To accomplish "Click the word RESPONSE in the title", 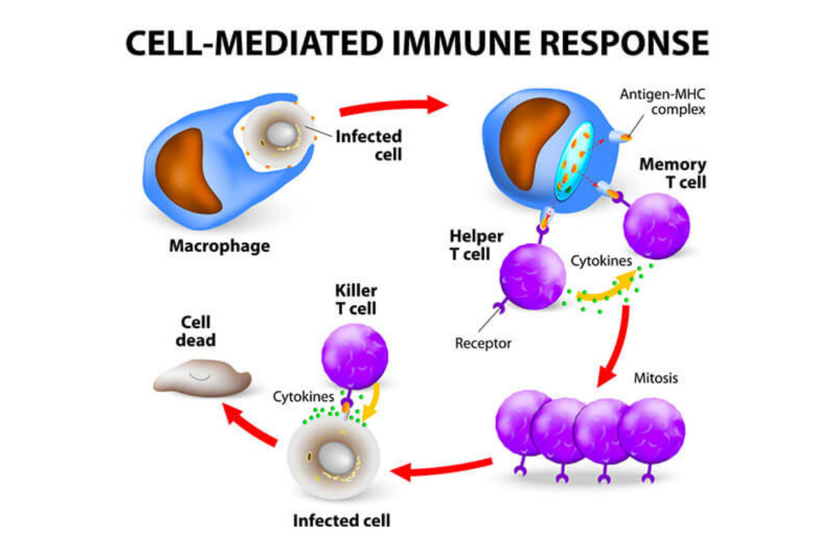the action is pos(624,43).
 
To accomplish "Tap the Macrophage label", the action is pos(220,246).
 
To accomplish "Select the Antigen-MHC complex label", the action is pos(662,102).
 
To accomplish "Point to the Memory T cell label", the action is pos(673,173).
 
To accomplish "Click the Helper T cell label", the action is pos(477,245).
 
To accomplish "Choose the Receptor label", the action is pos(483,343).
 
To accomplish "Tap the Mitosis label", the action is pos(655,378).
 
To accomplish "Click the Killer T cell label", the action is pos(356,299).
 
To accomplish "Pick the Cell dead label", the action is pos(196,331).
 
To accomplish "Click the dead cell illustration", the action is pos(202,377).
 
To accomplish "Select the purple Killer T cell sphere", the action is pos(354,356).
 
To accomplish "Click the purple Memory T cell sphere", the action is pos(656,226).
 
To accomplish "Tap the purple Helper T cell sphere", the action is pos(533,276).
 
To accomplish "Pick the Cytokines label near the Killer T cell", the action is pos(303,397).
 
